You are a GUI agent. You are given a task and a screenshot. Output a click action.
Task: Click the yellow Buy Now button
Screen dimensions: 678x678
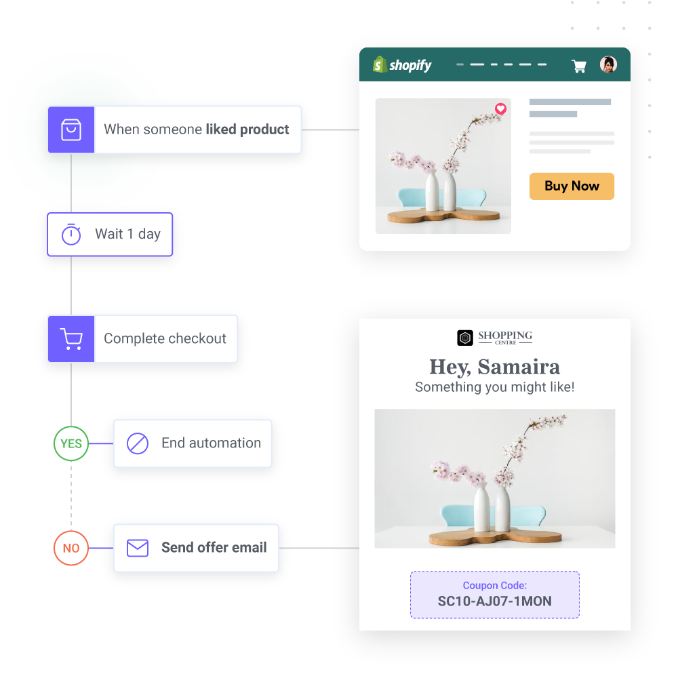572,186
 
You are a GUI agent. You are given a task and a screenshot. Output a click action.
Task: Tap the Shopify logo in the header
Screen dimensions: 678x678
402,65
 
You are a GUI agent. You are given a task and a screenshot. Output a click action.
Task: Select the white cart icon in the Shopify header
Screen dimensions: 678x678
579,66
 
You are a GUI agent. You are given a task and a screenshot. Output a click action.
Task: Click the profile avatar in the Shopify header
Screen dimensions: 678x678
608,64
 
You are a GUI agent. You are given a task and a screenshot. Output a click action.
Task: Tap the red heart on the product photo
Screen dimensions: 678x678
500,108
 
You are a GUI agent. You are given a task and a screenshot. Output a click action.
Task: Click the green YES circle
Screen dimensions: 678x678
71,444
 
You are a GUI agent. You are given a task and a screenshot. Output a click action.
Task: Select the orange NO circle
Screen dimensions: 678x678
71,549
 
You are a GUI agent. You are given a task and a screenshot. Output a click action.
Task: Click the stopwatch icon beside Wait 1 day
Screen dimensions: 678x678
71,235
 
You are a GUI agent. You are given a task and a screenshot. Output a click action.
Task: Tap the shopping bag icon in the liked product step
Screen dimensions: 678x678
71,129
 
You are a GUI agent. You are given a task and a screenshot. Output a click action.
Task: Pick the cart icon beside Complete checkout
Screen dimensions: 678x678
71,339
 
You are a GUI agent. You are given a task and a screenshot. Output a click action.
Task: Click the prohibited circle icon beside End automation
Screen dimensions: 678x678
138,443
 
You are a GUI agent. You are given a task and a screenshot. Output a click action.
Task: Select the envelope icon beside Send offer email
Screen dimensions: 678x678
138,548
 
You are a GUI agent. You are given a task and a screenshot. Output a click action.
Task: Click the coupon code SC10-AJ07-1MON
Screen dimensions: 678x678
494,601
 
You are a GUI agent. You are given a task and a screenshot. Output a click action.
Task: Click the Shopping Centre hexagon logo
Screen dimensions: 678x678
465,338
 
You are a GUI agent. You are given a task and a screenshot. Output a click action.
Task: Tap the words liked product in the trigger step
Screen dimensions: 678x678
247,129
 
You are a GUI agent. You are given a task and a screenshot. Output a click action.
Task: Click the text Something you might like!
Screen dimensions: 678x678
495,387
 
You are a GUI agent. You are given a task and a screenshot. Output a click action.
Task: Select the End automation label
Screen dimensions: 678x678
211,443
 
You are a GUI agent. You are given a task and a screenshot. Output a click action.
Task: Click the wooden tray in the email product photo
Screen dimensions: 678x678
495,537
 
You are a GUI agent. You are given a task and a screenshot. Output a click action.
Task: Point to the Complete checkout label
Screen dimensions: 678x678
165,339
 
